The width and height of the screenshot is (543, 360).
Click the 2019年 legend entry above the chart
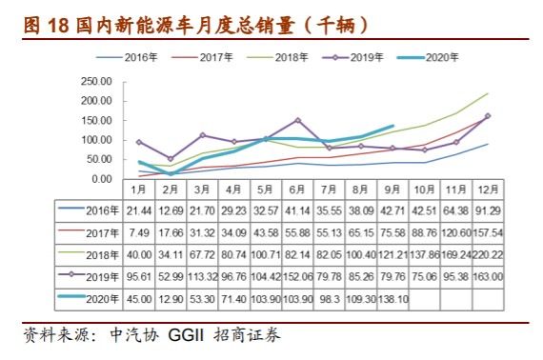coord(352,57)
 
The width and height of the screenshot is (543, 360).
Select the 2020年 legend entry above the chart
coord(428,57)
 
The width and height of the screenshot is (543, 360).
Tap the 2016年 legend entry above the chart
coord(127,57)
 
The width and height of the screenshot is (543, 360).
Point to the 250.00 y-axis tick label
coord(96,82)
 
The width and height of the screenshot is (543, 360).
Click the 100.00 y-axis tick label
coord(96,140)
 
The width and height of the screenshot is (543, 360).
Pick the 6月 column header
coord(297,190)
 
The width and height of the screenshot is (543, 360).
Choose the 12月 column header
coord(488,190)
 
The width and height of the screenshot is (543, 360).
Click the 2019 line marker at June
coord(297,120)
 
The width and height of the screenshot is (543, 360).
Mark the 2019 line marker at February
coord(171,159)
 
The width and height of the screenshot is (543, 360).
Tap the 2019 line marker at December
coord(488,116)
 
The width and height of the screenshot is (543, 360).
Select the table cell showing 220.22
coord(488,255)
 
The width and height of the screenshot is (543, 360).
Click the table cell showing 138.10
coord(393,299)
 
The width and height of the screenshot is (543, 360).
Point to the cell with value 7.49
coord(139,233)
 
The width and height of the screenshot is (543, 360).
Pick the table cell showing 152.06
coord(297,277)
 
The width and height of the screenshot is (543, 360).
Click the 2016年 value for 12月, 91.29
coord(488,210)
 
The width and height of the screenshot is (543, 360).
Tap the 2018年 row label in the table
coord(103,255)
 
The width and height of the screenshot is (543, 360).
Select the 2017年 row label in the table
coord(103,233)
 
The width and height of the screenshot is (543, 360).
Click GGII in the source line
coord(186,335)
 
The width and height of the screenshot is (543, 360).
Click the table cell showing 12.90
coord(171,299)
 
